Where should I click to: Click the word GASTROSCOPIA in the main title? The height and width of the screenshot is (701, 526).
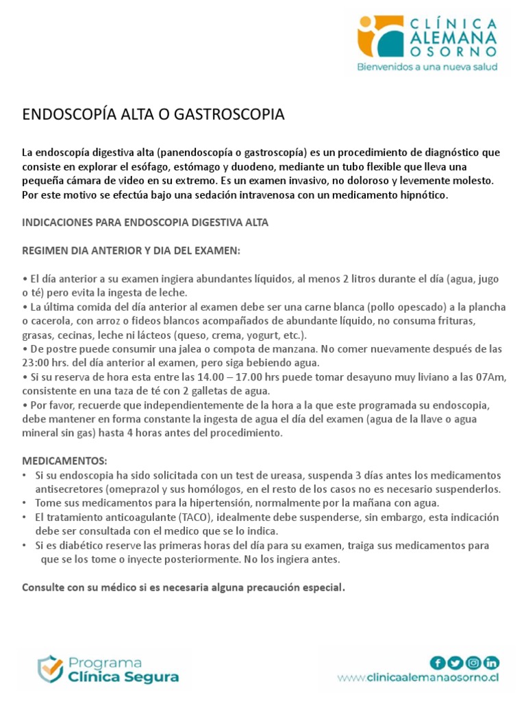tap(232, 114)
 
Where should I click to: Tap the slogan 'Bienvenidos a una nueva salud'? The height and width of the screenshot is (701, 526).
tap(428, 67)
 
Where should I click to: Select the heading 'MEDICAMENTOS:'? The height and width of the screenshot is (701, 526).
tap(65, 461)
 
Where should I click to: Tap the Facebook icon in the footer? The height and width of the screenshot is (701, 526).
tap(437, 662)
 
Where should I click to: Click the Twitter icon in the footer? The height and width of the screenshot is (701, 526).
tap(455, 662)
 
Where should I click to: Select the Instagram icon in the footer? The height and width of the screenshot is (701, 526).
tap(473, 662)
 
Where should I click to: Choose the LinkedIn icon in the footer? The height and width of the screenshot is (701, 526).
tap(491, 662)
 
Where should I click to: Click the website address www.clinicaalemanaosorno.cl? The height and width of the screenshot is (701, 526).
tap(418, 678)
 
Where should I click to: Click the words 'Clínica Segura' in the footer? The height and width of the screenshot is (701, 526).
tap(123, 677)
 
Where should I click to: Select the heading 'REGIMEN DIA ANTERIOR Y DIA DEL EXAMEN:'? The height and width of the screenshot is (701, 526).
tap(131, 251)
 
